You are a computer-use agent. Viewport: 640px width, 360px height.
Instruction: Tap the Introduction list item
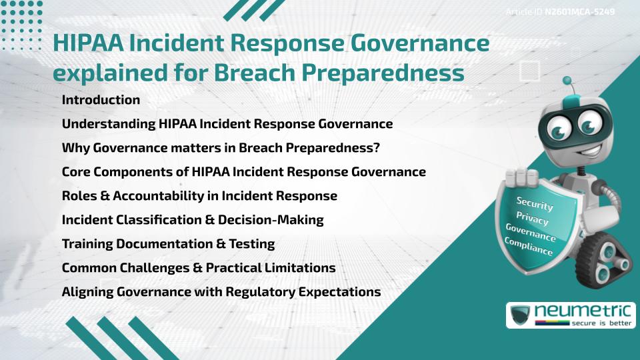pyautogui.click(x=101, y=100)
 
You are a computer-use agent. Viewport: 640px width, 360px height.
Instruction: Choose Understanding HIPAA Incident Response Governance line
pyautogui.click(x=227, y=124)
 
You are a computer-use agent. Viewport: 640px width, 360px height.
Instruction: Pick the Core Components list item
pyautogui.click(x=243, y=172)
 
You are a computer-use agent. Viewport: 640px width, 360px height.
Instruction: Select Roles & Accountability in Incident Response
pyautogui.click(x=199, y=196)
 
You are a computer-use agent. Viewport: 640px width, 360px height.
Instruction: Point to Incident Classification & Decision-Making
pyautogui.click(x=193, y=220)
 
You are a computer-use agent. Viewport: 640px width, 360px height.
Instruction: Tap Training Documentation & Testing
pyautogui.click(x=168, y=244)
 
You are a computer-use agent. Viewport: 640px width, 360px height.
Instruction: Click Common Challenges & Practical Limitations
pyautogui.click(x=198, y=268)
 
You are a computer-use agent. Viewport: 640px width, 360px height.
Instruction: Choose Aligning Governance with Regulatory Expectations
pyautogui.click(x=221, y=292)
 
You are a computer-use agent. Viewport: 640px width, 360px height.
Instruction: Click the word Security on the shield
pyautogui.click(x=535, y=204)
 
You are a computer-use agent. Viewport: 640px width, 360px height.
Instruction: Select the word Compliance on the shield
pyautogui.click(x=529, y=247)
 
